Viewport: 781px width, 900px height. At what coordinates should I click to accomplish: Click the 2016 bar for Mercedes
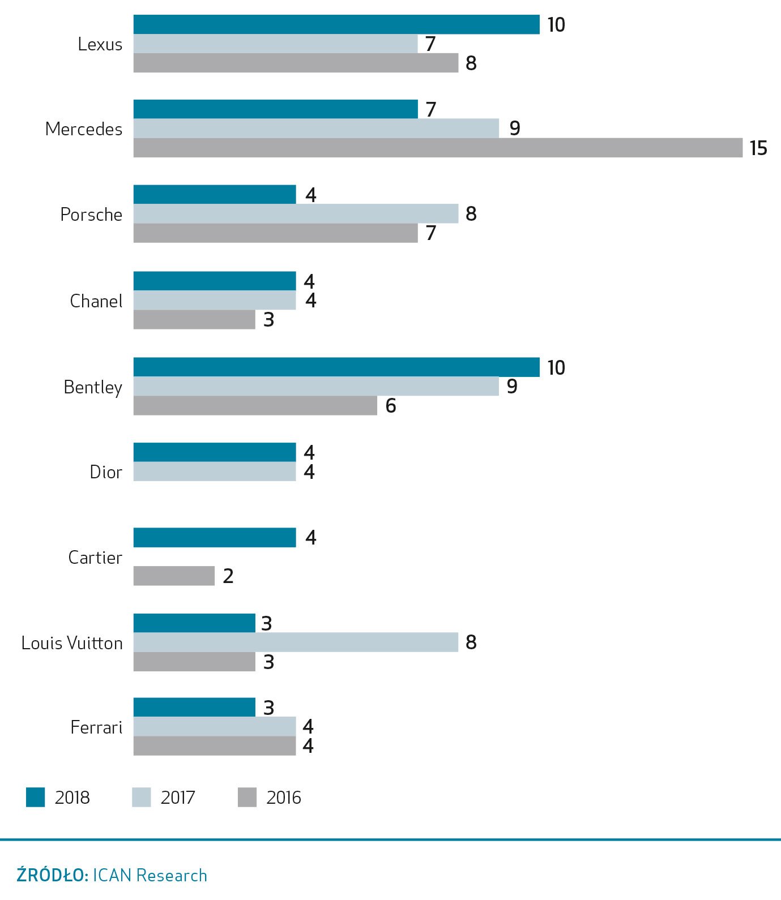(437, 148)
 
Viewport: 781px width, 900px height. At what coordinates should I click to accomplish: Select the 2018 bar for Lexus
(336, 25)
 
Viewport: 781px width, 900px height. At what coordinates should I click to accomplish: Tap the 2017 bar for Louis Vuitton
(296, 642)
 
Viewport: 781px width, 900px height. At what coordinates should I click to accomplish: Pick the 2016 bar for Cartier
(174, 576)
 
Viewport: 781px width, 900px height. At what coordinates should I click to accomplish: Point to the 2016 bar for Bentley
(255, 405)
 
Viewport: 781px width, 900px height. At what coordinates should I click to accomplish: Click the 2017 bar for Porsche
(296, 214)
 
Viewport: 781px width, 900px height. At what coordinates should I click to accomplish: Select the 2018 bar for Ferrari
(194, 708)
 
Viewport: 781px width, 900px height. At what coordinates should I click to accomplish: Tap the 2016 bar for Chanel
(194, 319)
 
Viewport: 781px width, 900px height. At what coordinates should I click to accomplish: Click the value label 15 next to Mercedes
(758, 148)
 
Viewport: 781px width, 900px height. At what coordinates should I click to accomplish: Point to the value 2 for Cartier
(228, 576)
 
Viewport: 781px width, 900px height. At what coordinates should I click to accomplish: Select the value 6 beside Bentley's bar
(391, 406)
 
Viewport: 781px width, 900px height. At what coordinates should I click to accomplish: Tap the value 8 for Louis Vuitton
(471, 642)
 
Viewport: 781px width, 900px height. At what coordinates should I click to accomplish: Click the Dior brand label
(106, 472)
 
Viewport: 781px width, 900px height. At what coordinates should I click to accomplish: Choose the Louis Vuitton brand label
(72, 643)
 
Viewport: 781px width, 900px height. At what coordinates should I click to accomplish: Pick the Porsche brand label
(91, 215)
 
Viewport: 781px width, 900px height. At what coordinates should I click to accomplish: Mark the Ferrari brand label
(96, 727)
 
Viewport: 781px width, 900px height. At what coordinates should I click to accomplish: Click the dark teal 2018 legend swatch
(36, 797)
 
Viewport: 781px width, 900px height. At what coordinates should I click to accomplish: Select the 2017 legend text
(178, 798)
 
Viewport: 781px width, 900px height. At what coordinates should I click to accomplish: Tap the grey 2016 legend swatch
(247, 797)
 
